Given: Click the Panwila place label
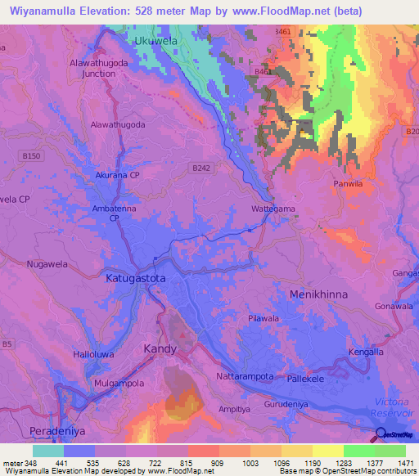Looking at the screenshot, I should click(x=347, y=184).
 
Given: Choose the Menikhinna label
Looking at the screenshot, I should click(x=318, y=292).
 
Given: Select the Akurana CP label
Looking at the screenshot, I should click(x=119, y=176).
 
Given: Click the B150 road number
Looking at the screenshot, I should click(x=32, y=155).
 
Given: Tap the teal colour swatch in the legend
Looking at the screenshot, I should click(x=47, y=450).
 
